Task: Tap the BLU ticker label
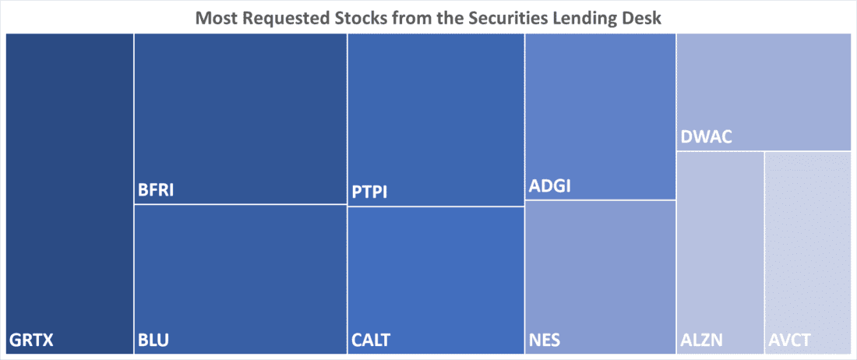(x=153, y=340)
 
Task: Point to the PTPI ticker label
(x=369, y=192)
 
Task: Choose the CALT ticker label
(x=371, y=340)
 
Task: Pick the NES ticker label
(x=545, y=340)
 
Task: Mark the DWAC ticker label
(x=706, y=138)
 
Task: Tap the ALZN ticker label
(x=702, y=341)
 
